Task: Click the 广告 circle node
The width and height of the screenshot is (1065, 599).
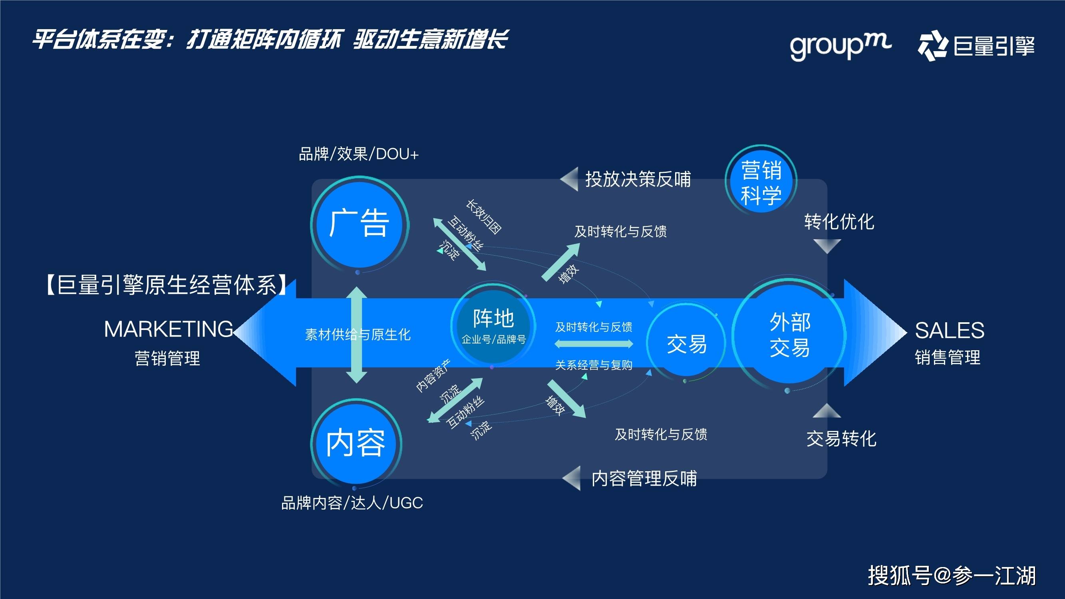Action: point(359,224)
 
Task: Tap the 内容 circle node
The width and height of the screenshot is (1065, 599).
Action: point(356,443)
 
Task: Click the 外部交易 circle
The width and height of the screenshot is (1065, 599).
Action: point(789,334)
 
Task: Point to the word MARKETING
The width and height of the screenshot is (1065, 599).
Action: point(168,329)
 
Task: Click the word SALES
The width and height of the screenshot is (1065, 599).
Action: point(949,330)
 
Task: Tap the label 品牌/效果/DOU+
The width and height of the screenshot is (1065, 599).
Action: point(358,154)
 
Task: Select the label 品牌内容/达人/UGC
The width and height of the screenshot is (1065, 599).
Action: point(352,503)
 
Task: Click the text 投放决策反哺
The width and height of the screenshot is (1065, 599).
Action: point(638,179)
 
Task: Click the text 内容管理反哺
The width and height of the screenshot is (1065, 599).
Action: point(644,479)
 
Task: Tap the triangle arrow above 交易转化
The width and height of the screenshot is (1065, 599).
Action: point(827,411)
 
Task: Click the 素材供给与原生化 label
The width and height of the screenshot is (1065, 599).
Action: point(358,334)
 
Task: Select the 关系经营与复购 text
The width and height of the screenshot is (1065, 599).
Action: point(594,365)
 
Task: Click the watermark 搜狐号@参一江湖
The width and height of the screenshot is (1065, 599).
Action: point(951,575)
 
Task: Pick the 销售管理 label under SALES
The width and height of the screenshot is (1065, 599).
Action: point(947,357)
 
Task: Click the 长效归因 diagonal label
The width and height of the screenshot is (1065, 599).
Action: point(484,217)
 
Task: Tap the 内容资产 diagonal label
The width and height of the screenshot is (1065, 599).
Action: point(433,376)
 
